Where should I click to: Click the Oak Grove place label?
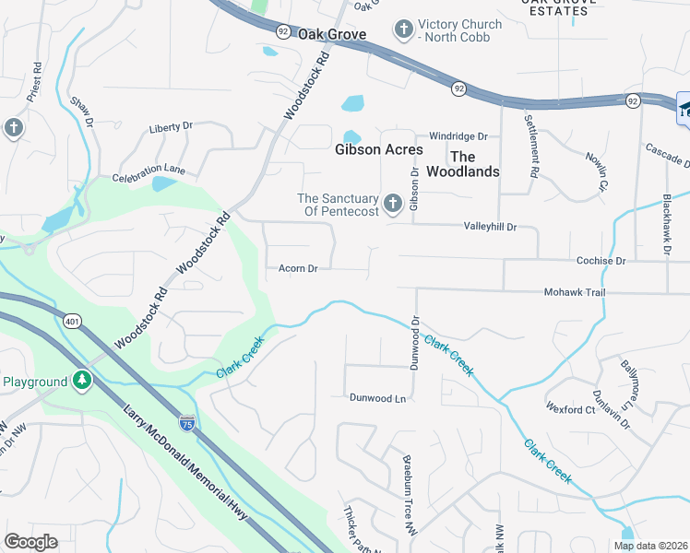click(331, 34)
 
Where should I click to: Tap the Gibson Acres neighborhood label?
click(379, 149)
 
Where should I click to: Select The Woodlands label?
click(475, 164)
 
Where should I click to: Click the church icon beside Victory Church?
click(403, 30)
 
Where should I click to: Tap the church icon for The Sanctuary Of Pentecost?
click(394, 204)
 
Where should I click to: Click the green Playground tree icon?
click(82, 381)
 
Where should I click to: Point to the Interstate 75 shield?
click(187, 422)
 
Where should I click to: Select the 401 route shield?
click(73, 321)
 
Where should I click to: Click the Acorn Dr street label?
click(298, 269)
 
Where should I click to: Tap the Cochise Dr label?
click(601, 261)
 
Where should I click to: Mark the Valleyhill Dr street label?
click(489, 227)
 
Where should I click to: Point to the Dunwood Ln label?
click(377, 398)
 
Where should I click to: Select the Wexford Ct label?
click(570, 408)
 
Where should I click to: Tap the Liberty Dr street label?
click(171, 127)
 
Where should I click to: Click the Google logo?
click(31, 542)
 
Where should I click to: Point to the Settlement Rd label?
click(530, 146)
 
